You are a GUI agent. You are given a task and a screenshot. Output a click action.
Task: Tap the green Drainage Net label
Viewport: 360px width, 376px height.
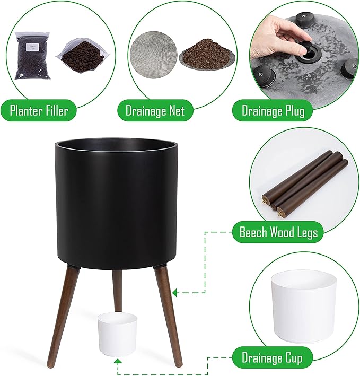point(155,111)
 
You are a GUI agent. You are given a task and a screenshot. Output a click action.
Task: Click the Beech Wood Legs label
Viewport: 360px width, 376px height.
point(278,232)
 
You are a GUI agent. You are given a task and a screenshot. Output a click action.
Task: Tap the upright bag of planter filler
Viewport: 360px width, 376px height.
point(32,55)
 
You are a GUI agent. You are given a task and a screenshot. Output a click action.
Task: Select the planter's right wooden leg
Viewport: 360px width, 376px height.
point(169,313)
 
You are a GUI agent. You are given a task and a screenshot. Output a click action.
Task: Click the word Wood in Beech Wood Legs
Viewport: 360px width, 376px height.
point(282,232)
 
